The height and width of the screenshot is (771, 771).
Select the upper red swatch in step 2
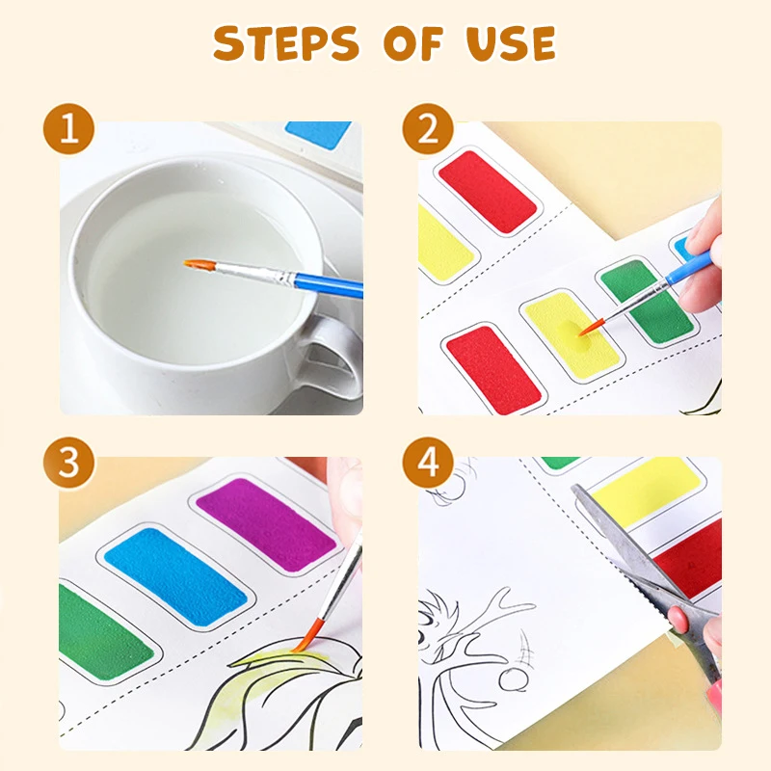tap(487, 190)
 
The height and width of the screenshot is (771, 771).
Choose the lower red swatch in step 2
tap(492, 368)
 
